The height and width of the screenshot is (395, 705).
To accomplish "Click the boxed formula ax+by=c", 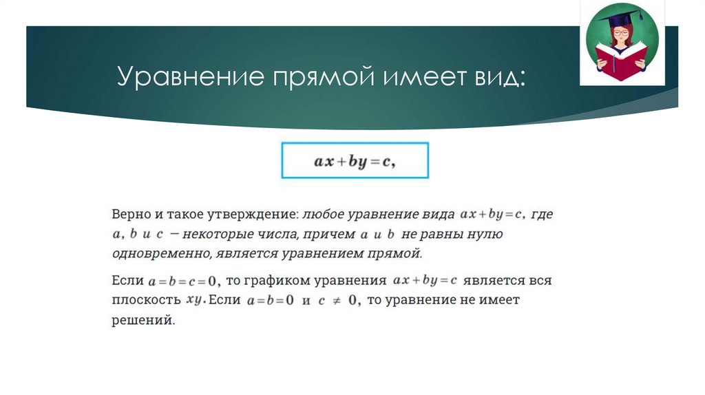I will tap(354, 162).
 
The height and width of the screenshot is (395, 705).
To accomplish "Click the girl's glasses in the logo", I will tap(622, 32).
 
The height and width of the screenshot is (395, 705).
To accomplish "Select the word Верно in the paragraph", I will tap(131, 215).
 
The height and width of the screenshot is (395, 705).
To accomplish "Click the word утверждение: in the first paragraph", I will tap(258, 215).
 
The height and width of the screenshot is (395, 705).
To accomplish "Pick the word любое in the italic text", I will tap(324, 215).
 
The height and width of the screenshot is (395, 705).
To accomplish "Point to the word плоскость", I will tap(145, 300).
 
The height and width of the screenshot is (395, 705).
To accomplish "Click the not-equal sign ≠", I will tap(335, 301).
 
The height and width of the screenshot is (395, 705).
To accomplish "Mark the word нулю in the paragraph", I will tap(486, 235).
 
